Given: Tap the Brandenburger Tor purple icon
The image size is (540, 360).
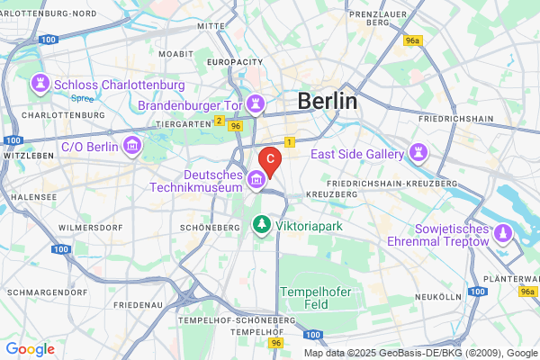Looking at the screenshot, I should (x=256, y=103).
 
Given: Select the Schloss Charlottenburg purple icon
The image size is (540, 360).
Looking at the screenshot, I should (x=40, y=85).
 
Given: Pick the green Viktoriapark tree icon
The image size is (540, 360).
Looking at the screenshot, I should (x=261, y=224).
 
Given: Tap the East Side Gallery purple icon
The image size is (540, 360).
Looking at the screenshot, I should (x=418, y=154).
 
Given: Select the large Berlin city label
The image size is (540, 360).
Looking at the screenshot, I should (x=327, y=101).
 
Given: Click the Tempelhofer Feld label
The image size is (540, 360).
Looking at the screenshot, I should (x=313, y=299).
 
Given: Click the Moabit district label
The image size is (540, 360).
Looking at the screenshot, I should (x=175, y=54).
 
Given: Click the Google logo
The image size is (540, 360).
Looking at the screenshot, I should (x=31, y=349).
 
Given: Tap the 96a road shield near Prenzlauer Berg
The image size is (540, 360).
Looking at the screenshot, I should (x=413, y=41).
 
